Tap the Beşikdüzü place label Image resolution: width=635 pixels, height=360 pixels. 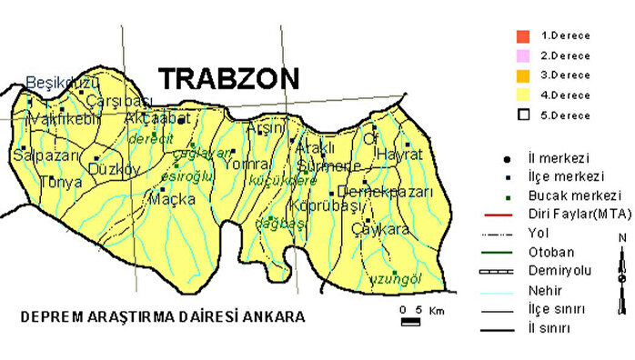53,82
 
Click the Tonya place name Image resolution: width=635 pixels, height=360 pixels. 61,183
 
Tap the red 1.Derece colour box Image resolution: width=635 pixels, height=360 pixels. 521,36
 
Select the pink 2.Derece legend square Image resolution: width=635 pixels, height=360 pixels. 521,55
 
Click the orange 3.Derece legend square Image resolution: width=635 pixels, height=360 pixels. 521,75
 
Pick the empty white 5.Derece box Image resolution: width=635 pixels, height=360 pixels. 521,115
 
